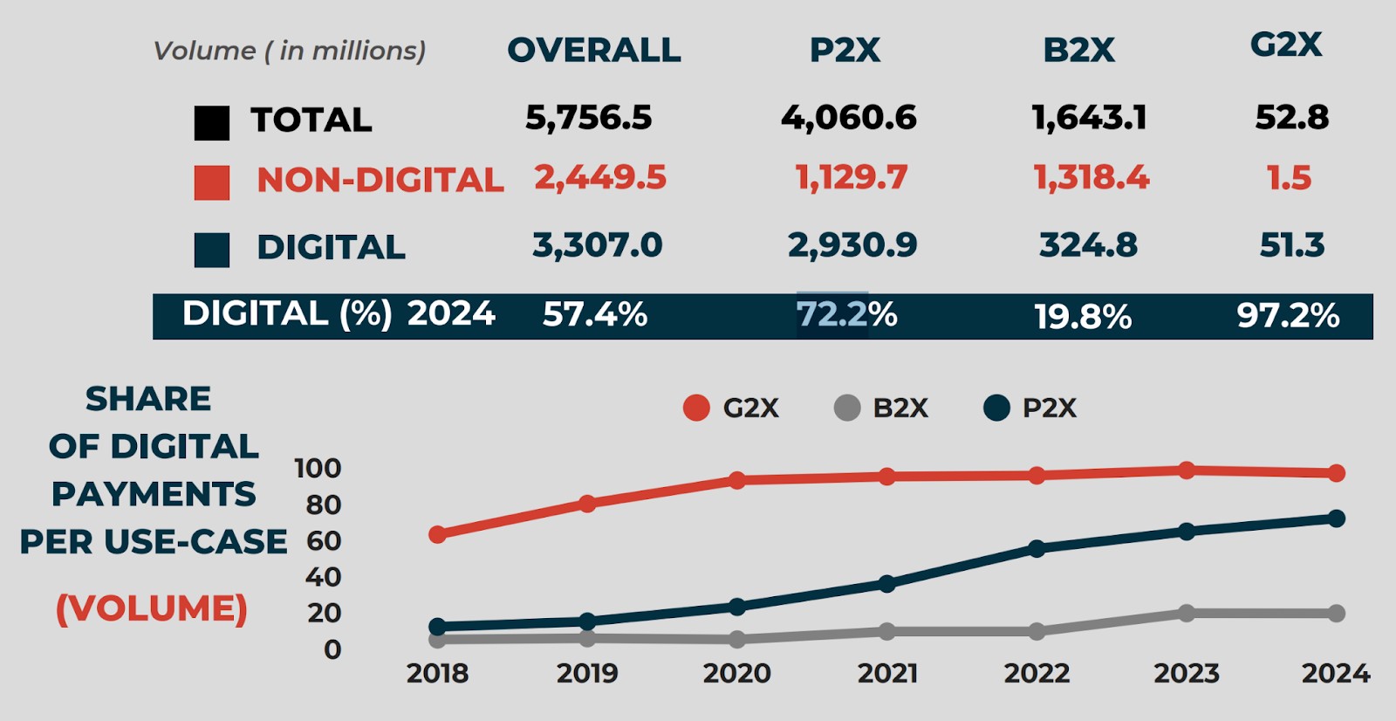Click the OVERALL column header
pyautogui.click(x=594, y=50)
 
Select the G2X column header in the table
pyautogui.click(x=1286, y=45)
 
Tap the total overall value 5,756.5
pyautogui.click(x=589, y=117)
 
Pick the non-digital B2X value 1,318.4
pyautogui.click(x=1091, y=178)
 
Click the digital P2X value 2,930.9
pyautogui.click(x=852, y=245)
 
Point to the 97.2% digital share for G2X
pyautogui.click(x=1288, y=315)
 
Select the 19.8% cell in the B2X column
pyautogui.click(x=1083, y=316)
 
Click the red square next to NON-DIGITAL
pyautogui.click(x=212, y=182)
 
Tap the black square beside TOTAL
pyautogui.click(x=212, y=123)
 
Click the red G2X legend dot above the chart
pyautogui.click(x=696, y=408)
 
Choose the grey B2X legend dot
pyautogui.click(x=847, y=408)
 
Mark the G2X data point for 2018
pyautogui.click(x=438, y=534)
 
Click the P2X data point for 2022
pyautogui.click(x=1037, y=548)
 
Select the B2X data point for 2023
pyautogui.click(x=1187, y=613)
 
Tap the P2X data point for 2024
pyautogui.click(x=1336, y=518)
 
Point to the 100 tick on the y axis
pyautogui.click(x=318, y=469)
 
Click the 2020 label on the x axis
pyautogui.click(x=737, y=673)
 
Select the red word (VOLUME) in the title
pyautogui.click(x=152, y=608)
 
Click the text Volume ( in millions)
pyautogui.click(x=290, y=51)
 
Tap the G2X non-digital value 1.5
pyautogui.click(x=1289, y=178)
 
